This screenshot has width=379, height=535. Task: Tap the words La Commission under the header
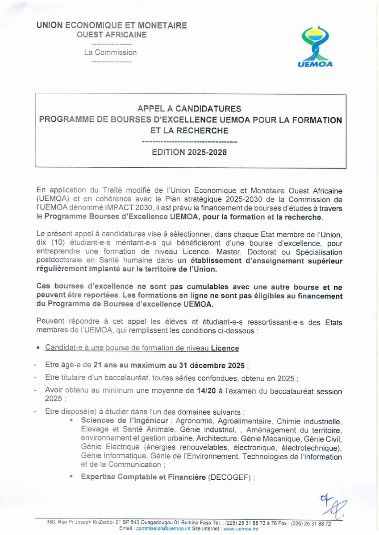point(110,52)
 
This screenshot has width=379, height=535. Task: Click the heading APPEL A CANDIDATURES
point(190,108)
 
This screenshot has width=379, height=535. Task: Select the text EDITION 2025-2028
point(189,152)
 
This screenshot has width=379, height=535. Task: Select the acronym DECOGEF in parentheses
point(230,477)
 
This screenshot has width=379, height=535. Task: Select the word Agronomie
point(195,420)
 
